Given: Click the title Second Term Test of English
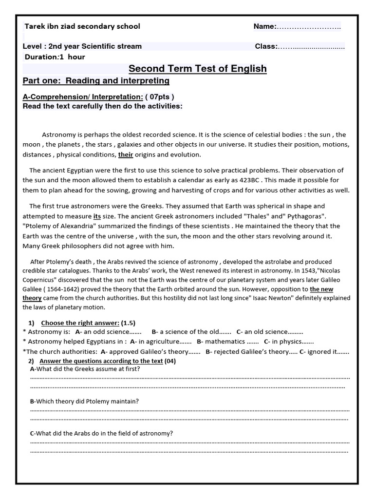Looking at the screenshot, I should pos(197,69).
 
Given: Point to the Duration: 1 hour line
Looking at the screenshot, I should pos(55,57).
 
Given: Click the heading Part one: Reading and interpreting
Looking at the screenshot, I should pos(96,81).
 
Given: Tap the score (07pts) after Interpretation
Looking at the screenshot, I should pos(159,96).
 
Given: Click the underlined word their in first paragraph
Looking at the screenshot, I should pos(126,155).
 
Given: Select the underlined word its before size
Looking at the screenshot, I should pos(97,216).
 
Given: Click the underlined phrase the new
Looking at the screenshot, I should pos(321,289).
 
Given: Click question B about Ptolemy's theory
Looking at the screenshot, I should pos(84,401).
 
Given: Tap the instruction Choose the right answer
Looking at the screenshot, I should pos(80,323).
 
